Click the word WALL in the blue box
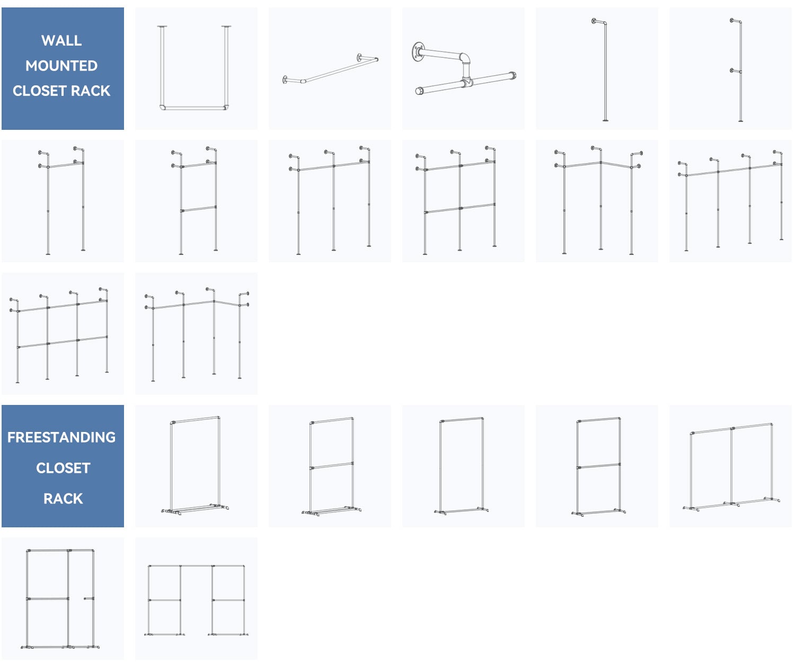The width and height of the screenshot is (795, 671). (61, 40)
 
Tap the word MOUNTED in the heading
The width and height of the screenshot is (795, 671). (61, 66)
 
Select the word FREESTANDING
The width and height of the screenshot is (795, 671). (61, 437)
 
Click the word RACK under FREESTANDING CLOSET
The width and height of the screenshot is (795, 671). (63, 499)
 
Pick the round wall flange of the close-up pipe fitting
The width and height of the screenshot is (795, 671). (418, 52)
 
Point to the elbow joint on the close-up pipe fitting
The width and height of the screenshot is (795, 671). (465, 58)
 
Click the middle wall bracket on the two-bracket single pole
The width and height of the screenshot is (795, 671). (736, 71)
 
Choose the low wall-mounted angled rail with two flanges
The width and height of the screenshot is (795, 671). (331, 70)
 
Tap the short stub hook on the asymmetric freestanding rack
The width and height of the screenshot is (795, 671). (89, 598)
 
